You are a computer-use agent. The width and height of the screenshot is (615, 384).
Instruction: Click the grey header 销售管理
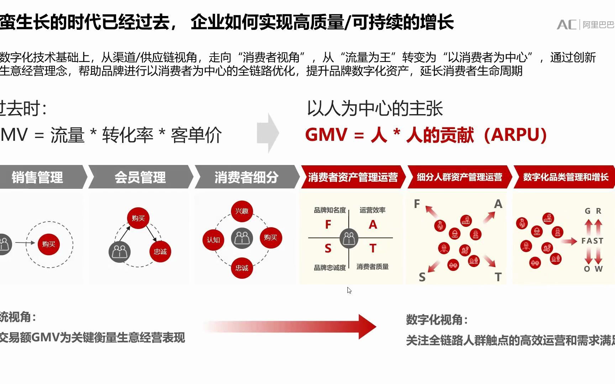37,177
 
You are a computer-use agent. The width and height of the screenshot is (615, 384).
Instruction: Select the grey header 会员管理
140,177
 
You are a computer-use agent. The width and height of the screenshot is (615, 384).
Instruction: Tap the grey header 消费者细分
246,177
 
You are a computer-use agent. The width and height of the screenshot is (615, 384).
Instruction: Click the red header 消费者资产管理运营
353,177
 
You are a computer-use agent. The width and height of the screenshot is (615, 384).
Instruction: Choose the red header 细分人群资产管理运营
459,177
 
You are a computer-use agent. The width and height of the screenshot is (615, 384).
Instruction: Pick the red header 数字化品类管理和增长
566,177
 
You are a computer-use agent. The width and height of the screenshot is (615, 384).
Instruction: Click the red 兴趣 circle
242,211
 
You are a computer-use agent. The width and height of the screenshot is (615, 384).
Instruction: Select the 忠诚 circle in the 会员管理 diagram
160,252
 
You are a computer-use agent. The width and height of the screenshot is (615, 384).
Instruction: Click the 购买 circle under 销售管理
49,244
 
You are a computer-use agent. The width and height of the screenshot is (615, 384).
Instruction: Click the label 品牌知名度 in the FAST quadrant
330,210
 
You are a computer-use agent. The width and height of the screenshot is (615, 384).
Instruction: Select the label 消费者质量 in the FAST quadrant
372,267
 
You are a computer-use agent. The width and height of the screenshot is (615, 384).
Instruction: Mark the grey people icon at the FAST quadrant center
349,238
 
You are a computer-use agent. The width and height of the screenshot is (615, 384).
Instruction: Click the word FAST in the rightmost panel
592,241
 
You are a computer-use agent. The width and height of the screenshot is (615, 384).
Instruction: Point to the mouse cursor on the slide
349,290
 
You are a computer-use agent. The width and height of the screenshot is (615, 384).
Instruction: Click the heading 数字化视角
437,320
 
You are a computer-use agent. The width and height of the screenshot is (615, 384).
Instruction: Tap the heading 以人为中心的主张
375,108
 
